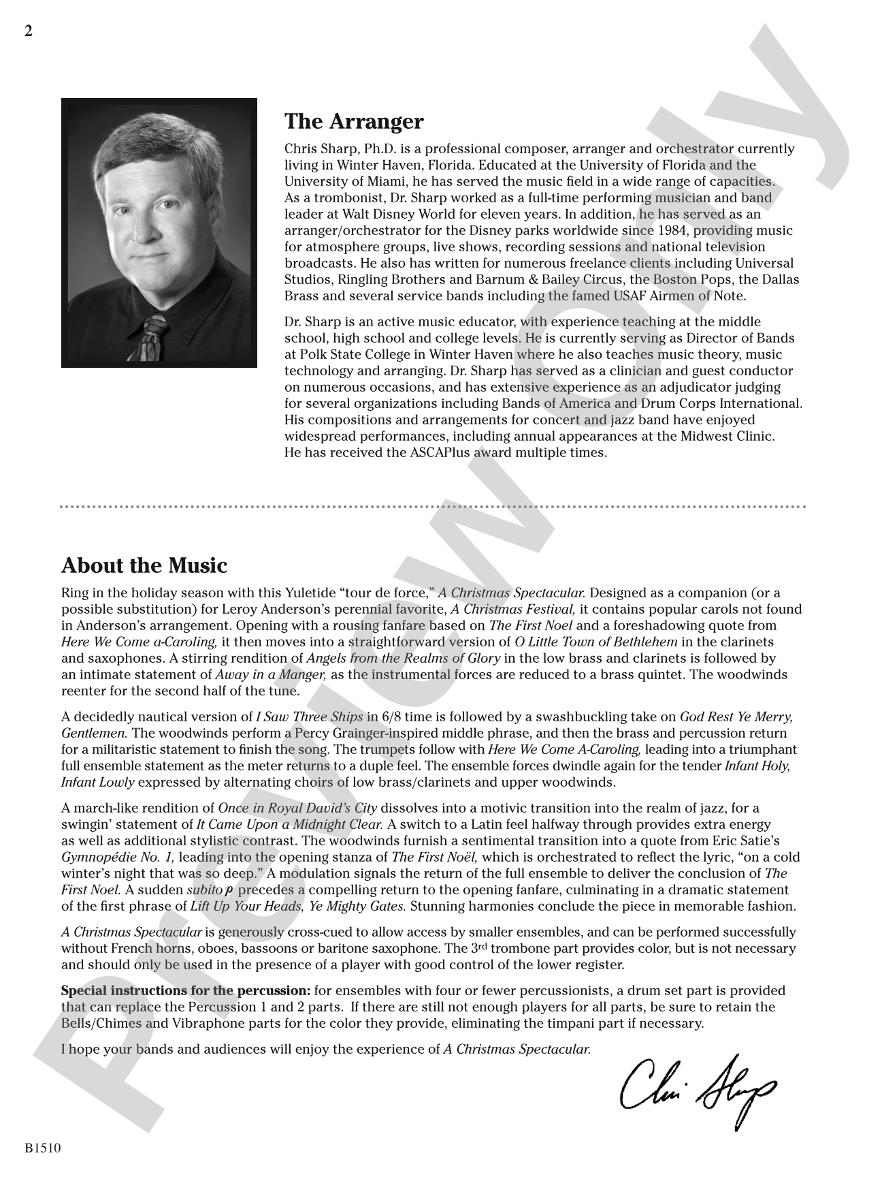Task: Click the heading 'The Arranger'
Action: coord(353,121)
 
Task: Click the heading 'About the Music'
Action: coord(144,565)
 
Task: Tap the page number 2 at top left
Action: coord(28,31)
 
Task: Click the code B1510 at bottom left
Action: coord(43,1148)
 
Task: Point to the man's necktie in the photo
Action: coord(150,337)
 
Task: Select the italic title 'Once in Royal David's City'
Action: coord(297,808)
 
